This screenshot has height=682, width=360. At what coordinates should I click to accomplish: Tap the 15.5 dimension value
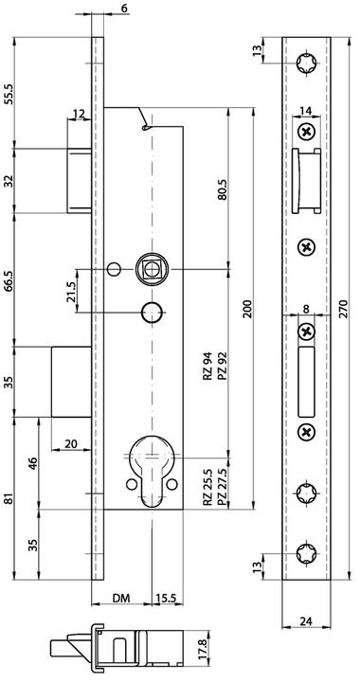(164, 599)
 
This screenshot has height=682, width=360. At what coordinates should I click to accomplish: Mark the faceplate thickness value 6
(127, 9)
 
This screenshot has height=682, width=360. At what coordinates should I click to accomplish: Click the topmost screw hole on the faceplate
(305, 63)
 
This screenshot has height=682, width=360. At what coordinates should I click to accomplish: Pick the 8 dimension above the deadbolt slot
(305, 308)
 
